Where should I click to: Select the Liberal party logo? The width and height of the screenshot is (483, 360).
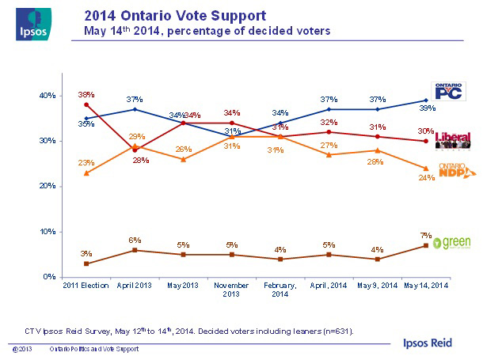(453, 140)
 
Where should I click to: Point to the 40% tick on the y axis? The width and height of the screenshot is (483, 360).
(48, 96)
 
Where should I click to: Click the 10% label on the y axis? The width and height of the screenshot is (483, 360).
(48, 232)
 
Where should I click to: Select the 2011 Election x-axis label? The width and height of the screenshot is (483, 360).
(85, 285)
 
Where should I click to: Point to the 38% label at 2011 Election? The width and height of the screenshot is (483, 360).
(86, 94)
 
